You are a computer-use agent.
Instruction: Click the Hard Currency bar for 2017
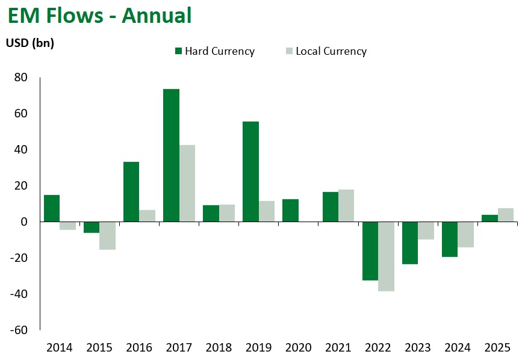coord(171,155)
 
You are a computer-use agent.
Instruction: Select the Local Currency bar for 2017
coord(187,183)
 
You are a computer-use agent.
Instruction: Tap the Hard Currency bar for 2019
coord(250,172)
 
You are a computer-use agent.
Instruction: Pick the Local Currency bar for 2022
coord(386,256)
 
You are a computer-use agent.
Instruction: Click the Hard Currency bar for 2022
coord(370,251)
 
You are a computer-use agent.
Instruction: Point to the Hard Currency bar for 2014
coord(52,208)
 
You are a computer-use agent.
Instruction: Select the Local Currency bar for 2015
coord(107,235)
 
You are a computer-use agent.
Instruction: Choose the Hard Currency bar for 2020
coord(290,210)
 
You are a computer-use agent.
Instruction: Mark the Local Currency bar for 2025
coord(506,215)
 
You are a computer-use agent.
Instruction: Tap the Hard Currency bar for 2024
coord(450,239)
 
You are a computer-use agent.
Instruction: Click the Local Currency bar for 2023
coord(426,231)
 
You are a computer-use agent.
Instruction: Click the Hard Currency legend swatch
coord(178,51)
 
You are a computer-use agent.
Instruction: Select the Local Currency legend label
coord(331,51)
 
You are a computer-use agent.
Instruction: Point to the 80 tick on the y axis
coord(22,77)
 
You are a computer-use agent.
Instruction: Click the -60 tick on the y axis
coord(19,330)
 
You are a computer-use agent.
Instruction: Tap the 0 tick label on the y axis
coord(25,222)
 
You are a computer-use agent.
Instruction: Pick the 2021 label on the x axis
coord(338,347)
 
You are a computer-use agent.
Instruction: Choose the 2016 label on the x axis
coord(139,347)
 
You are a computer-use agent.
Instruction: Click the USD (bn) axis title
coord(30,43)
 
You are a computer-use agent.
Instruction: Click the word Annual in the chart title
coord(157,15)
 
